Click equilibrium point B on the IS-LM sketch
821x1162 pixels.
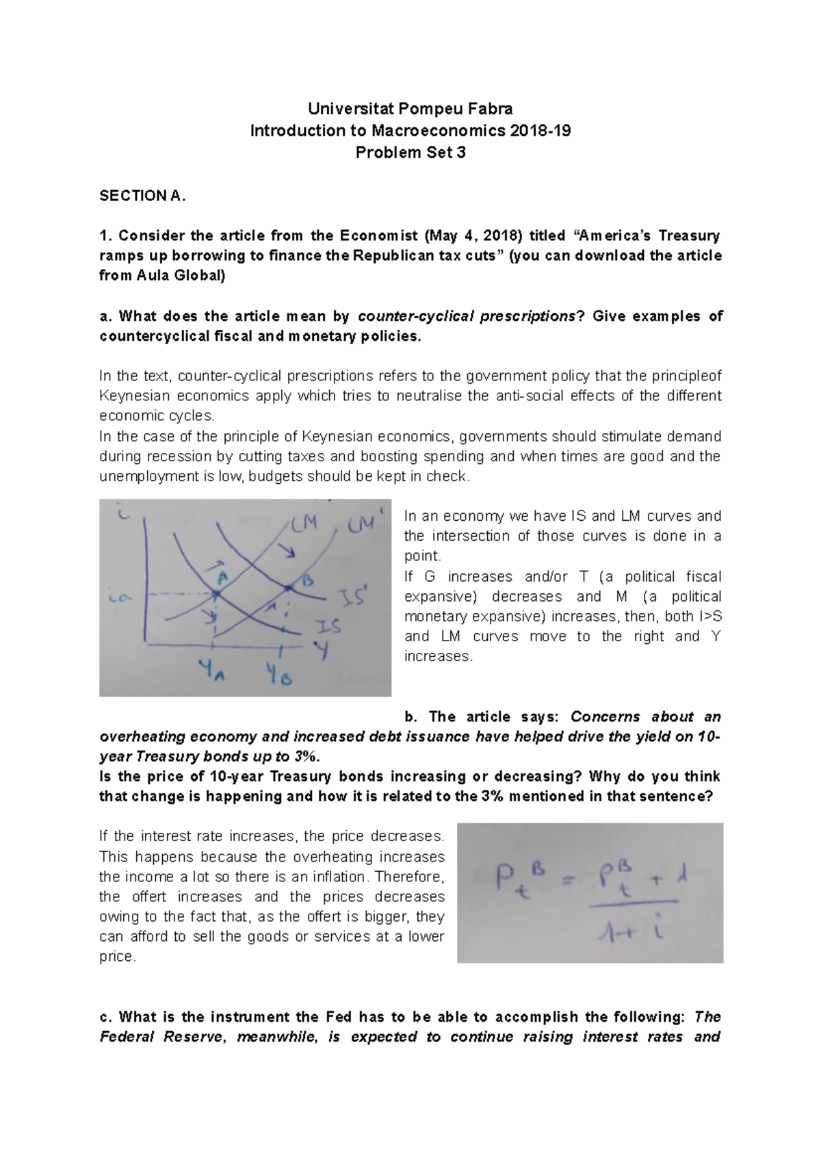288,587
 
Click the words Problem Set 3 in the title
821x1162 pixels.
410,153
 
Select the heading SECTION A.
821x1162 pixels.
142,196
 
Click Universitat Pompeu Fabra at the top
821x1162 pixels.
410,109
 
